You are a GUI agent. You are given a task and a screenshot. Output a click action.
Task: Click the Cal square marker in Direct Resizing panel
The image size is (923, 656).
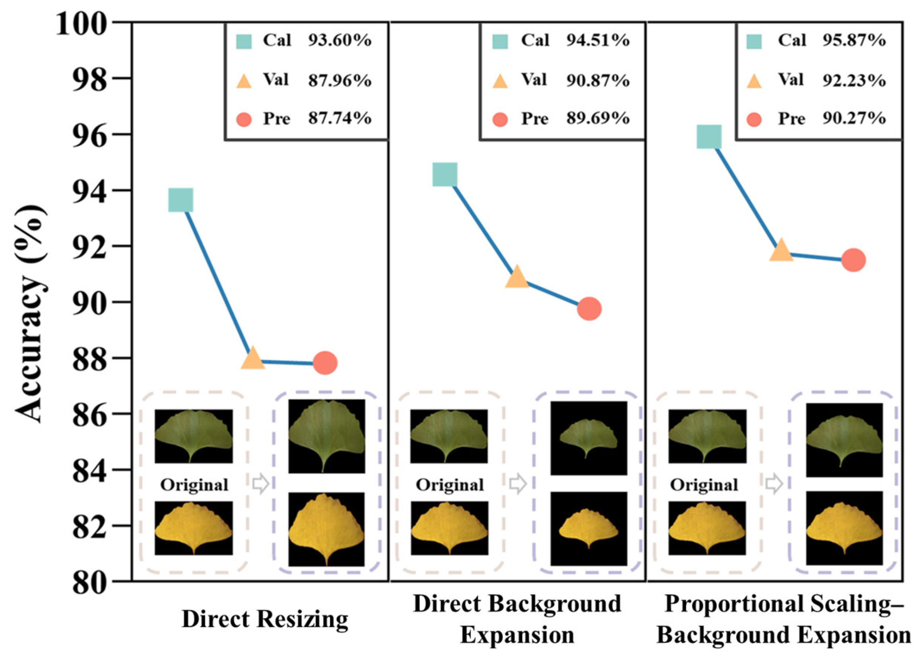tap(180, 200)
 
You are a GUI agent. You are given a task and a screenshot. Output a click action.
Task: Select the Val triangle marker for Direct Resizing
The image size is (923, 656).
tap(252, 358)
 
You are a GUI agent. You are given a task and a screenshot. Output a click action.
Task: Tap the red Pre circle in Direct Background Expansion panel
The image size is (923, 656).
tap(589, 309)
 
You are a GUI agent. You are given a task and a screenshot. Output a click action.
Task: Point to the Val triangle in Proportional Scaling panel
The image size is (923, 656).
tap(781, 250)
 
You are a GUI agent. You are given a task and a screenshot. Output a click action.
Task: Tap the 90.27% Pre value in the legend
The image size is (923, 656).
tap(854, 118)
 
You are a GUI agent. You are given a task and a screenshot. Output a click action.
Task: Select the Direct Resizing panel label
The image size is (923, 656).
tap(265, 619)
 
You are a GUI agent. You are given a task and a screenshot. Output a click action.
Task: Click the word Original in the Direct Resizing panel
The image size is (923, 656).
tap(194, 485)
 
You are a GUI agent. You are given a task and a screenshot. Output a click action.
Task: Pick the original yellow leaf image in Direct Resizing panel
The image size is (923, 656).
tap(194, 528)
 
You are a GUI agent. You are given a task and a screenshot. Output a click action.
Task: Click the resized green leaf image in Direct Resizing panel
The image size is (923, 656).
tap(327, 436)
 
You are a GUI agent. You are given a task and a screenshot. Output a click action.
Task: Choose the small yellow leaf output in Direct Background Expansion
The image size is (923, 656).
tap(589, 528)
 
